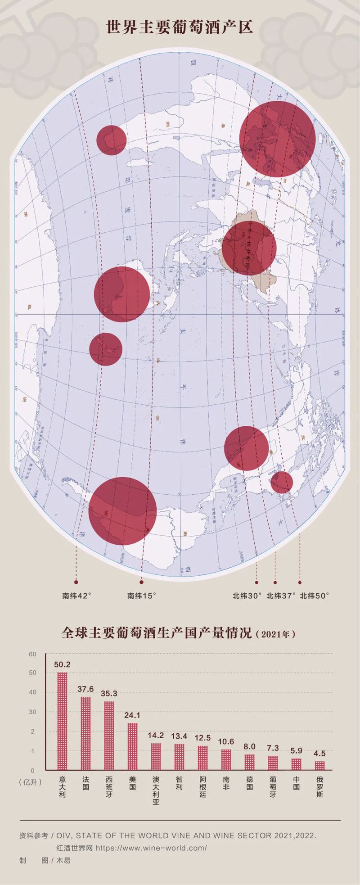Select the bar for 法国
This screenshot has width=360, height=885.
(85, 733)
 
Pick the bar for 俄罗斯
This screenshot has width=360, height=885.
(319, 765)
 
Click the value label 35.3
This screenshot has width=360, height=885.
(109, 694)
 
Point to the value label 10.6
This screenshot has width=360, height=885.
(226, 741)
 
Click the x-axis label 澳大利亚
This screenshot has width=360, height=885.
(156, 790)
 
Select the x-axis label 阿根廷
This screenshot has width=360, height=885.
(202, 786)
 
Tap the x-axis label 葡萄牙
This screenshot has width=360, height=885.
(273, 786)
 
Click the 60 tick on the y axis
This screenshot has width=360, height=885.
(32, 654)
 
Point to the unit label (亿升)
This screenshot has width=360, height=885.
(31, 782)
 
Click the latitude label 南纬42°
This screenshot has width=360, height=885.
(76, 596)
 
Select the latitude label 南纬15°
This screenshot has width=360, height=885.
(142, 596)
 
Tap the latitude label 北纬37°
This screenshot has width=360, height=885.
(281, 596)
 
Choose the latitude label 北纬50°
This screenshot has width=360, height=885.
(315, 596)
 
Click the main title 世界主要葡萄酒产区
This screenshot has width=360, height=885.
(180, 27)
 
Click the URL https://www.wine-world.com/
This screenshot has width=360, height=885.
(151, 848)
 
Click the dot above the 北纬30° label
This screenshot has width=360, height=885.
(256, 582)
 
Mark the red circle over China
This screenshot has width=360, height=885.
(249, 248)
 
